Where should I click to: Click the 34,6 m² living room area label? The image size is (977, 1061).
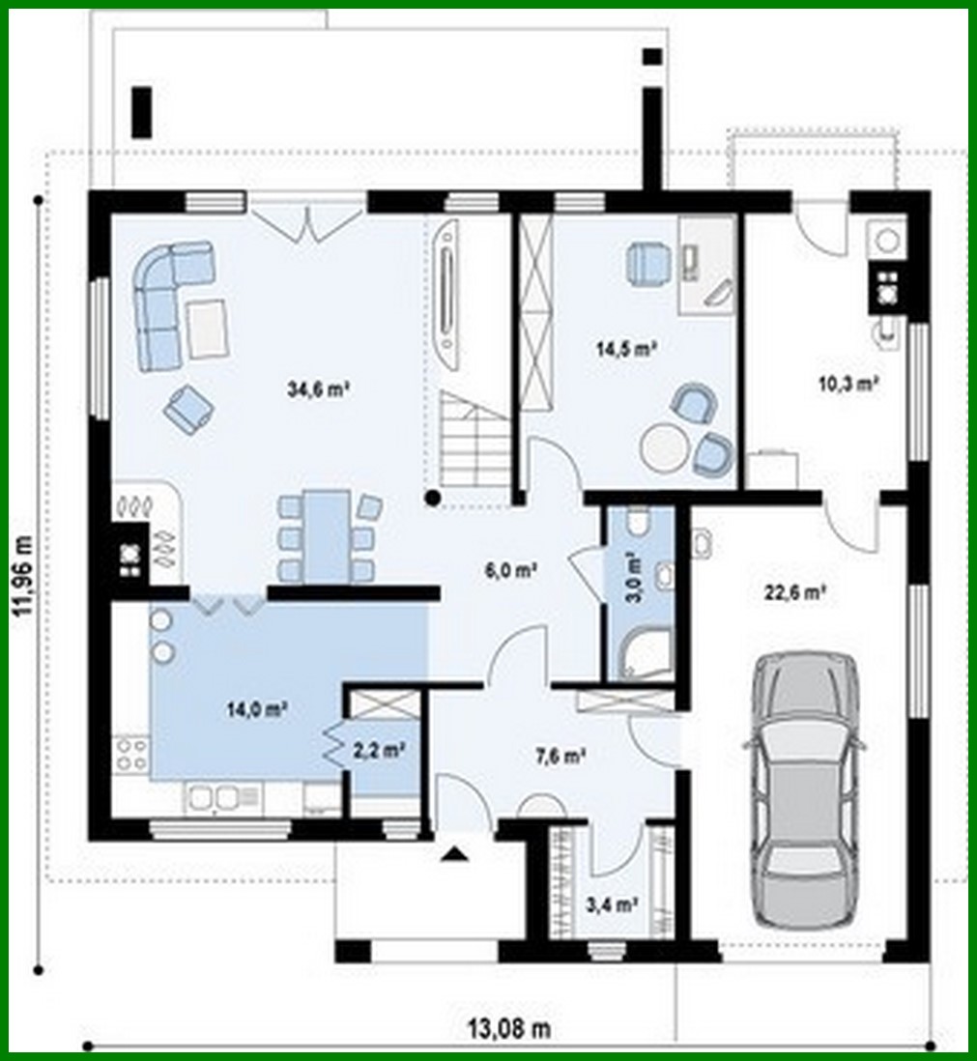[318, 390]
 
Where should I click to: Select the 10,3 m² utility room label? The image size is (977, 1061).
[848, 384]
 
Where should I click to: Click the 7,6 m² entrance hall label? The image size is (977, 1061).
[560, 756]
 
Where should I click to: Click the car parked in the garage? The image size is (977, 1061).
[804, 788]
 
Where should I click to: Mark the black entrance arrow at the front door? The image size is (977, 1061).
[456, 852]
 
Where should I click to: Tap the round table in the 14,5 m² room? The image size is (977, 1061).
[665, 446]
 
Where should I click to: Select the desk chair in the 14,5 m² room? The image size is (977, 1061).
[647, 263]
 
